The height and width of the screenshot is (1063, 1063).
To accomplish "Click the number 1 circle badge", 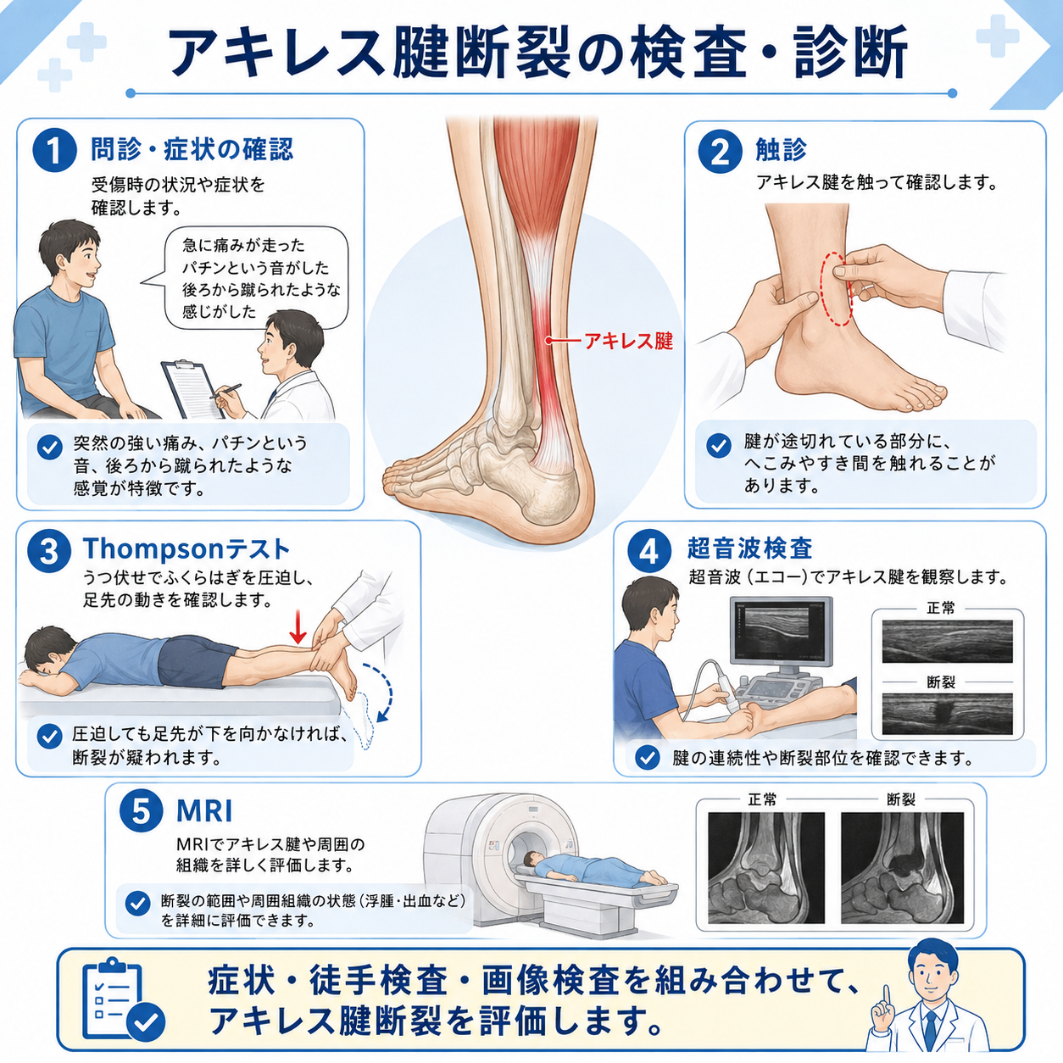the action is coord(54,151).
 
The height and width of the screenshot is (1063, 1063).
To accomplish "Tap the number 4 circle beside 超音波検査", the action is coord(648,551).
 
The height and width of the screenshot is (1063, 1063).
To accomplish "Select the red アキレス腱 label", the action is coord(628,341).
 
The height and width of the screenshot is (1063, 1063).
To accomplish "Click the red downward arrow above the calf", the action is coord(298,626).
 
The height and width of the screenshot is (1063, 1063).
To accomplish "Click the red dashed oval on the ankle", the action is coord(836,289).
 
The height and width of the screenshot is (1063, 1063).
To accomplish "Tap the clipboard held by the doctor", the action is coord(192,389).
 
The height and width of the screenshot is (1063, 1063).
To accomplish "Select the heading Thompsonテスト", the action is coord(186,548).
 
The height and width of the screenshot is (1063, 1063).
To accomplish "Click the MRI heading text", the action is coord(204,811).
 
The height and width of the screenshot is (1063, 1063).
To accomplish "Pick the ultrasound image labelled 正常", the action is coord(947,642).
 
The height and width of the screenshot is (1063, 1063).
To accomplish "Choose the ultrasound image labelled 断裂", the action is coord(947,715).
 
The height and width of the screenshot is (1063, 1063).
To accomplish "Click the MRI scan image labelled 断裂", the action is coord(903,868).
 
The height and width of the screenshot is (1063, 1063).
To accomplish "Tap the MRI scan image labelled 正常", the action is coord(766,868).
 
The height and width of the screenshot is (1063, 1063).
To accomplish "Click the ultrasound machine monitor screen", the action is coord(782,631).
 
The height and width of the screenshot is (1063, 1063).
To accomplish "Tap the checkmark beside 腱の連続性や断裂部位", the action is coord(647,757).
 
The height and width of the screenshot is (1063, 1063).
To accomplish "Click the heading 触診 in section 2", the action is coord(781,149).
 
